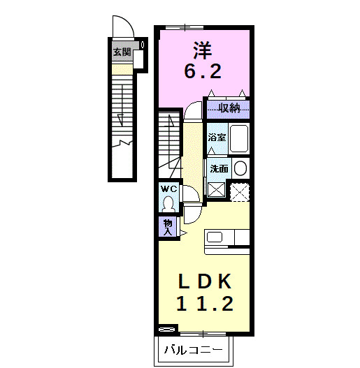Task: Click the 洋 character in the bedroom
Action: click(x=203, y=50)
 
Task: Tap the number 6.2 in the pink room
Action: click(x=203, y=71)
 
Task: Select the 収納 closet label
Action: click(x=229, y=108)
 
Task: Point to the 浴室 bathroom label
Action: click(x=217, y=138)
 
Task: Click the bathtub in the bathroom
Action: click(x=240, y=140)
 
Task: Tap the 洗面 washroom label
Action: click(x=219, y=168)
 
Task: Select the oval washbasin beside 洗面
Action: click(x=240, y=168)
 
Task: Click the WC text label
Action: click(x=168, y=189)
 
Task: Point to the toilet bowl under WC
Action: click(x=168, y=203)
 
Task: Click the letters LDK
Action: click(x=203, y=281)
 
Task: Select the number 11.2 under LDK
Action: click(x=203, y=304)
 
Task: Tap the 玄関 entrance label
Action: click(x=122, y=52)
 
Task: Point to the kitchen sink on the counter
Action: click(x=215, y=236)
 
